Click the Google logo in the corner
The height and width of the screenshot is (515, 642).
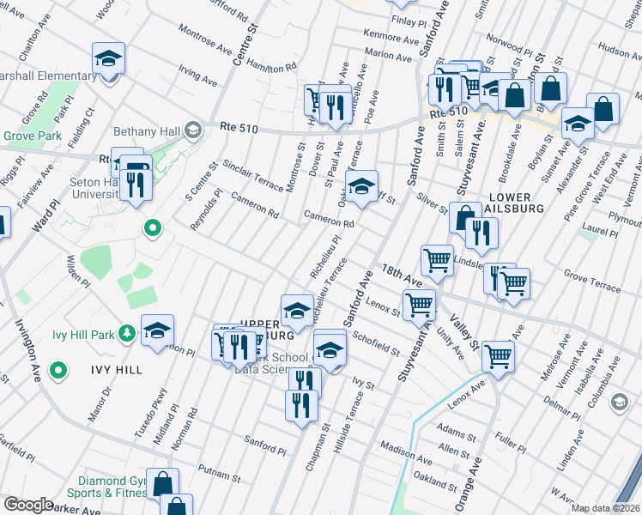(27, 505)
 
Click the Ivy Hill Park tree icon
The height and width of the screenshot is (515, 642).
(127, 331)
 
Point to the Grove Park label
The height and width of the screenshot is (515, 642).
(31, 136)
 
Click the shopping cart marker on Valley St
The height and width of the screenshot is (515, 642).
(498, 356)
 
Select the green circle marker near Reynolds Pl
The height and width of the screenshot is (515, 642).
(153, 228)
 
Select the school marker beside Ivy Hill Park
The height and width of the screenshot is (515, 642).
(158, 330)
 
